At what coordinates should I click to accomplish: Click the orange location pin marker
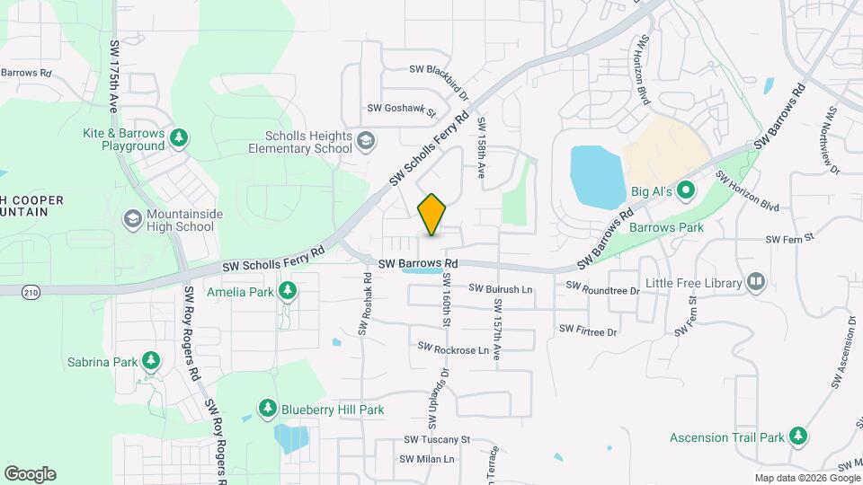(432, 214)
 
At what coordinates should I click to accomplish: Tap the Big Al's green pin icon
(685, 190)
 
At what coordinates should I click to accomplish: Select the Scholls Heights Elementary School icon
(365, 141)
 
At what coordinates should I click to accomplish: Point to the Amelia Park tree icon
(288, 290)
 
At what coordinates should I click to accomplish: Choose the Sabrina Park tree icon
(151, 362)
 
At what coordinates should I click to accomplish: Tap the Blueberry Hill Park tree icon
(267, 409)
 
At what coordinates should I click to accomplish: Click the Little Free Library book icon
(756, 283)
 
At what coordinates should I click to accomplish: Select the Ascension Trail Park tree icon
(798, 437)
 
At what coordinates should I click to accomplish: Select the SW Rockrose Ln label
(453, 348)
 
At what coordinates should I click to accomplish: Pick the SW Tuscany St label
(437, 439)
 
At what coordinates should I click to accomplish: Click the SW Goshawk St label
(401, 109)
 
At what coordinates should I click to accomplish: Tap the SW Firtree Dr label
(589, 331)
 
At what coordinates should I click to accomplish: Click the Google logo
(30, 474)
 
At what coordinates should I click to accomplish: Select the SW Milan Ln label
(429, 459)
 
